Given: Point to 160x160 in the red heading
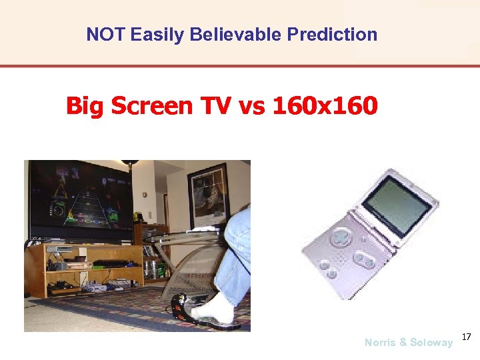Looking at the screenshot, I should [x=325, y=105].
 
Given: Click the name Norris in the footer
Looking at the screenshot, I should [x=379, y=343].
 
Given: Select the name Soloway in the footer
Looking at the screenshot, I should [x=431, y=343].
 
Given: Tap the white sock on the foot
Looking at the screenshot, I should [x=213, y=311].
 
